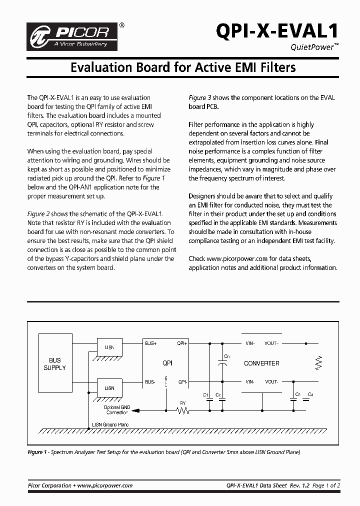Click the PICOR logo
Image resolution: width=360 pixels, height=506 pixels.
click(74, 36)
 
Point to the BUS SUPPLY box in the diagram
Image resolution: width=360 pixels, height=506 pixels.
click(54, 364)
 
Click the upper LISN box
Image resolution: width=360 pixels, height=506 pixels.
click(109, 347)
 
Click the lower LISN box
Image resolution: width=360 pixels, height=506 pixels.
click(109, 388)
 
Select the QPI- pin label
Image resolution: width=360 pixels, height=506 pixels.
click(182, 382)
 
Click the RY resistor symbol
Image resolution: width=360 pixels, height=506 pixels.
click(182, 410)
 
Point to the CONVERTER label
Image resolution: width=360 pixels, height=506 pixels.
click(261, 363)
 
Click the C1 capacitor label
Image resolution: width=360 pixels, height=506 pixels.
click(205, 395)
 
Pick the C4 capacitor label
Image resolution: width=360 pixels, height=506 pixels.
click(310, 395)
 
